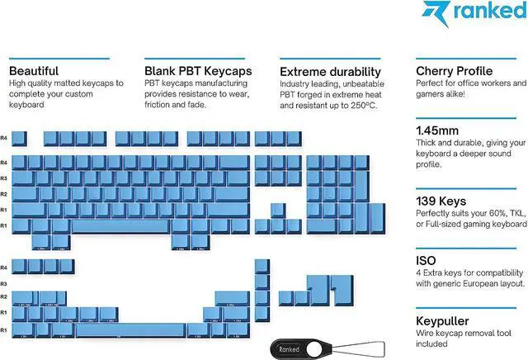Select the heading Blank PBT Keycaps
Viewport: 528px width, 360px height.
click(198, 71)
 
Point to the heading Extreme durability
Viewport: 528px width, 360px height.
click(327, 71)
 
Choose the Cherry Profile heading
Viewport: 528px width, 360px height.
click(455, 71)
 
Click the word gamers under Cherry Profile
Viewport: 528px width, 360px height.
click(431, 95)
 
